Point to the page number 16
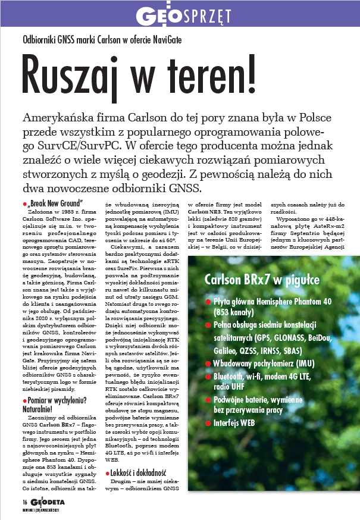point(9,503)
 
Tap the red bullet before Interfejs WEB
point(208,423)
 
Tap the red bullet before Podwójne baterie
point(208,398)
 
